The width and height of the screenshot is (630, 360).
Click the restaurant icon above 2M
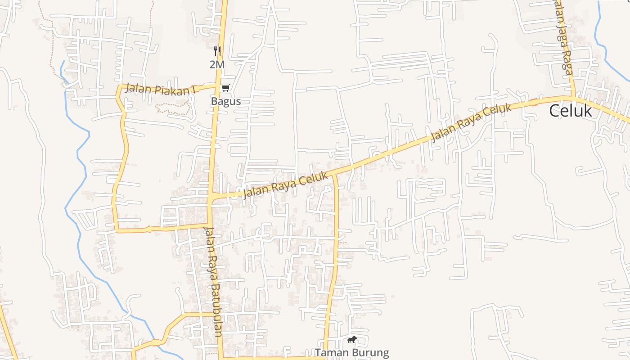tap(217, 51)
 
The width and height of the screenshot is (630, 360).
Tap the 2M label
tap(217, 64)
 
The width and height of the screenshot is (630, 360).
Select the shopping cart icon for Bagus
tap(225, 88)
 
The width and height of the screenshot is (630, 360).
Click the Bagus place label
tap(226, 101)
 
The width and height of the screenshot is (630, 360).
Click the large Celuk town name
tap(570, 110)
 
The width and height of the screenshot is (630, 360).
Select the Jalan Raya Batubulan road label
tap(213, 281)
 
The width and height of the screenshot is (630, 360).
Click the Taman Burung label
tap(351, 352)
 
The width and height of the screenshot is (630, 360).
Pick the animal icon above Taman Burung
tap(352, 339)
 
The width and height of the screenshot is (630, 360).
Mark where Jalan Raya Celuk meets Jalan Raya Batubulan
tap(211, 197)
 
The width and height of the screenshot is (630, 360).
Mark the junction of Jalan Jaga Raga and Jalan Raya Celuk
tap(573, 97)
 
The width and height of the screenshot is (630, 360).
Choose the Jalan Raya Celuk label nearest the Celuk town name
tap(471, 122)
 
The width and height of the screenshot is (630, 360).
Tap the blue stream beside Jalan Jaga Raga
tap(600, 36)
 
